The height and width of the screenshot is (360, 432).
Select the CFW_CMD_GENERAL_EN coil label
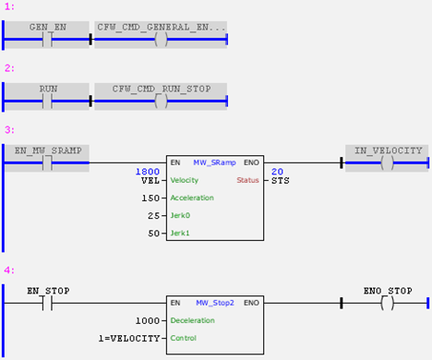click(161, 28)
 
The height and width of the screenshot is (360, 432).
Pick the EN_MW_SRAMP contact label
click(45, 150)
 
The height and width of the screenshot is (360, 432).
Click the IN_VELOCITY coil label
click(386, 150)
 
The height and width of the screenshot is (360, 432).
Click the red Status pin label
click(248, 180)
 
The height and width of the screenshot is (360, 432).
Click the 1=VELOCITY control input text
click(131, 338)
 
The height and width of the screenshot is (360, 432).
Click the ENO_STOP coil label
click(386, 291)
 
